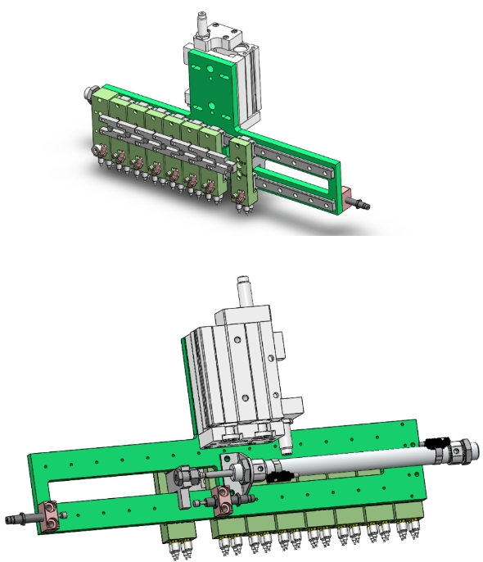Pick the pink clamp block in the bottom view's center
223,496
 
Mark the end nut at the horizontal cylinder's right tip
466,451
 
